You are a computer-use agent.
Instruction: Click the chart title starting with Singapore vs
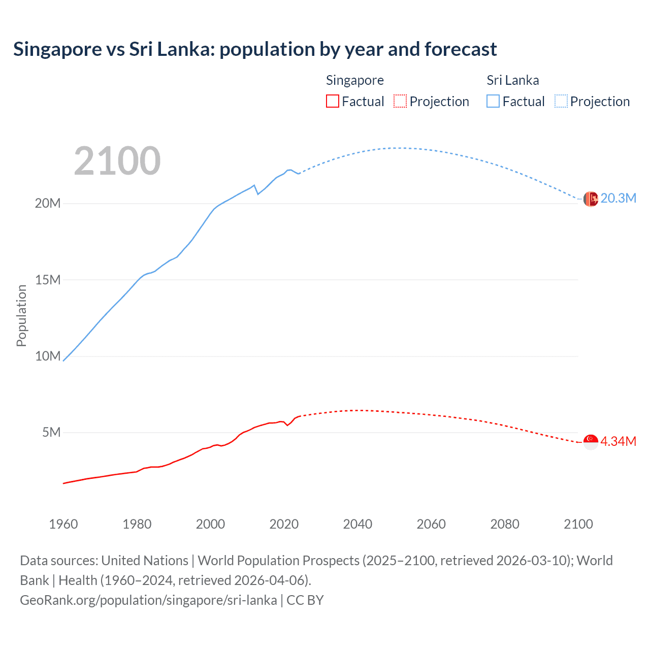pyautogui.click(x=255, y=49)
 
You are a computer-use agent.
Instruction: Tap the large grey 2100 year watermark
pyautogui.click(x=117, y=161)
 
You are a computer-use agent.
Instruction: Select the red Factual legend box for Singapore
pyautogui.click(x=332, y=101)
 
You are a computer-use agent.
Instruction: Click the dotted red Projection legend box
pyautogui.click(x=400, y=101)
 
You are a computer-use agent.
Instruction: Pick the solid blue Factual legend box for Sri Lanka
pyautogui.click(x=493, y=101)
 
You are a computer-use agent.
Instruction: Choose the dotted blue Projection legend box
pyautogui.click(x=561, y=101)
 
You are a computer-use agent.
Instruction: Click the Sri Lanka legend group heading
pyautogui.click(x=512, y=80)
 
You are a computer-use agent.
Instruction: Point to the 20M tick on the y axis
pyautogui.click(x=48, y=203)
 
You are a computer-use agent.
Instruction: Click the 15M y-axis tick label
pyautogui.click(x=48, y=280)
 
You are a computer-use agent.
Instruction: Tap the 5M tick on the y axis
pyautogui.click(x=51, y=432)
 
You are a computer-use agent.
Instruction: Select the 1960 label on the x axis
pyautogui.click(x=63, y=524)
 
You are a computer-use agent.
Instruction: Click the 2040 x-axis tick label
pyautogui.click(x=357, y=524)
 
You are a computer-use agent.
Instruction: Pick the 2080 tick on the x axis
pyautogui.click(x=505, y=524)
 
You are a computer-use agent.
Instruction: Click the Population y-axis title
pyautogui.click(x=21, y=315)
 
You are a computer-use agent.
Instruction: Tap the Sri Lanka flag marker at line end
pyautogui.click(x=591, y=199)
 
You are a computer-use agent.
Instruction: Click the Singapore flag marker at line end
pyautogui.click(x=591, y=442)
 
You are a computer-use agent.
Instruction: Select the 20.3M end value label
pyautogui.click(x=618, y=199)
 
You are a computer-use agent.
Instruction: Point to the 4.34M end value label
pyautogui.click(x=618, y=441)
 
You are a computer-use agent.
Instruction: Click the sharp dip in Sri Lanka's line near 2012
pyautogui.click(x=258, y=193)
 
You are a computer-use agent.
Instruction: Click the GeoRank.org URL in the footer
pyautogui.click(x=148, y=600)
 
